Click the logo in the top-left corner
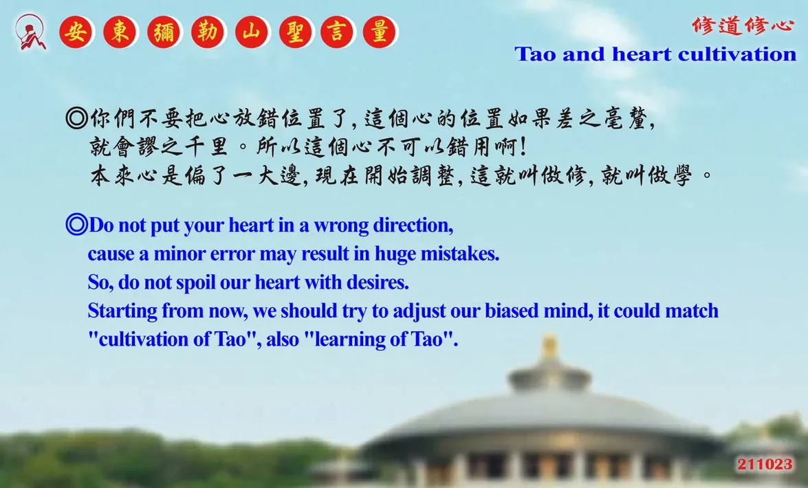(30, 32)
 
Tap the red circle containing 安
(76, 32)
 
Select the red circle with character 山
(252, 32)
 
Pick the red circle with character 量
(380, 32)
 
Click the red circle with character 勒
(208, 32)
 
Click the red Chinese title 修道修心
(743, 25)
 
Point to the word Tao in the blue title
(535, 54)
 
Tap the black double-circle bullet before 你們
(77, 118)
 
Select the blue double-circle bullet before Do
(77, 225)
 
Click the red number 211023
(765, 465)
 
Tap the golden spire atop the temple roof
(550, 348)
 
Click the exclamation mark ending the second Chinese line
(524, 147)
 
